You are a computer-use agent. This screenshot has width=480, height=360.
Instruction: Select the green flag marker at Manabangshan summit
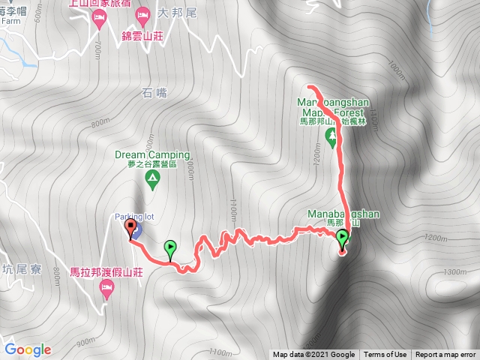343,239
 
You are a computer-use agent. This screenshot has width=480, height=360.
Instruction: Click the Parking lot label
134,217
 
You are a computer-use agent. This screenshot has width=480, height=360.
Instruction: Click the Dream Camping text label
152,154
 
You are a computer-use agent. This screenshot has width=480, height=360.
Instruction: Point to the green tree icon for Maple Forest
330,135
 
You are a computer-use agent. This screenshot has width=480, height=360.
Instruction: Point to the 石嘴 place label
151,93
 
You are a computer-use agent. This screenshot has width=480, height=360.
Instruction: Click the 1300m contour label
454,271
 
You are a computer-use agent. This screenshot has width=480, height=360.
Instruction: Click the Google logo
28,349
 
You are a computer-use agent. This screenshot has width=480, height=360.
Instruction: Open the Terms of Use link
385,355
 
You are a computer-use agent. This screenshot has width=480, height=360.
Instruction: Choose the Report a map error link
445,355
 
